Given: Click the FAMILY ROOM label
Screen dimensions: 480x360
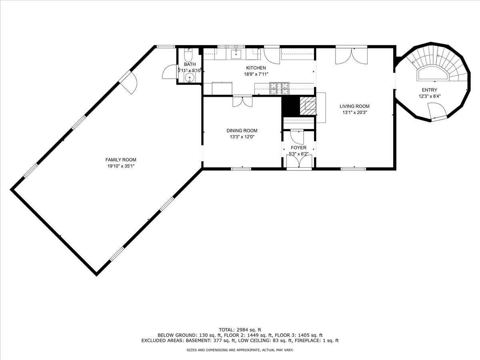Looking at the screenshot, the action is tap(121, 160).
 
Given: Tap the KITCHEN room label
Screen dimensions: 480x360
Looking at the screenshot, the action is tap(256, 68).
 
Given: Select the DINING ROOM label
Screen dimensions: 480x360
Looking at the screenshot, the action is tap(242, 130).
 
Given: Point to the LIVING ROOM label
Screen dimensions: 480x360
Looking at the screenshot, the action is tap(354, 106).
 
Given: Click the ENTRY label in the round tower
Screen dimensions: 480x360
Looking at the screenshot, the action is tap(430, 90).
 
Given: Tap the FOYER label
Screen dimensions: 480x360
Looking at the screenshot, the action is tap(298, 148).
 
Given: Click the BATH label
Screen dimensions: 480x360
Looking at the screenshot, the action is tap(190, 64).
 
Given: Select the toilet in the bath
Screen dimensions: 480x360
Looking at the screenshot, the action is tap(188, 55).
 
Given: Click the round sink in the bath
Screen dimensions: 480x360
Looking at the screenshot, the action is tap(190, 78).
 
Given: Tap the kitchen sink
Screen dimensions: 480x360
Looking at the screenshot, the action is tap(236, 54).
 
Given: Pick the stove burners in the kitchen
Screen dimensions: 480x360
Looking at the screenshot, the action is tap(279, 88).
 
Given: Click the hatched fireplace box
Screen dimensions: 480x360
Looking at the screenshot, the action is tap(308, 106).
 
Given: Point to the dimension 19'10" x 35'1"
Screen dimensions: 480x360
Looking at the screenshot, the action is tap(121, 166).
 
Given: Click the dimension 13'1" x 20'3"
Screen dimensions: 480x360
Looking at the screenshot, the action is tap(354, 112).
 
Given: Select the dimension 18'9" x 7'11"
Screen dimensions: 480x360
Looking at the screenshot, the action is tap(256, 74).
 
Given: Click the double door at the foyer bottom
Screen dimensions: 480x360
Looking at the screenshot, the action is tap(299, 162).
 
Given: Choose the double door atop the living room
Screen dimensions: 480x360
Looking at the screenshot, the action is tap(352, 56).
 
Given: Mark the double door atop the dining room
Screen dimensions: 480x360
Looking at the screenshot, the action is tap(242, 102).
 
